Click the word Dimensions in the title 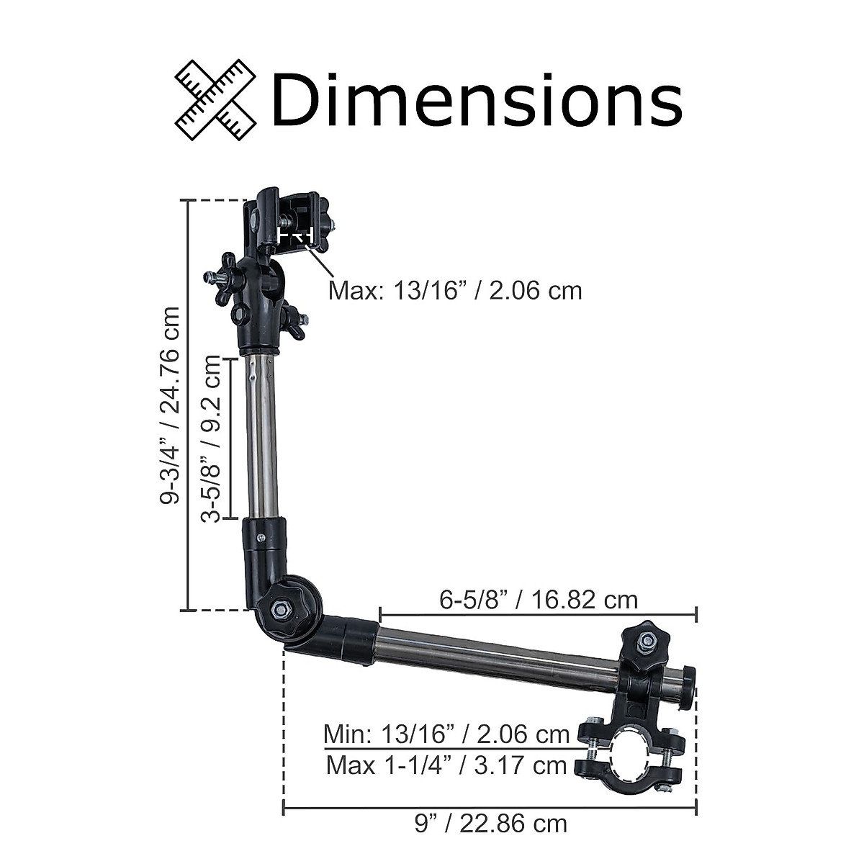[x=477, y=99]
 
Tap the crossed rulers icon [x=215, y=100]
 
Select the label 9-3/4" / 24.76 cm [x=171, y=406]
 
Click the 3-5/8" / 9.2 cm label [x=211, y=439]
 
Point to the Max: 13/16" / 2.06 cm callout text [x=455, y=291]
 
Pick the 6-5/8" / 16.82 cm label [x=538, y=600]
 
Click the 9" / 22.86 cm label [x=491, y=824]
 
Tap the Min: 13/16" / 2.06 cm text [x=446, y=734]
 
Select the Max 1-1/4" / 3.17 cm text [x=446, y=765]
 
